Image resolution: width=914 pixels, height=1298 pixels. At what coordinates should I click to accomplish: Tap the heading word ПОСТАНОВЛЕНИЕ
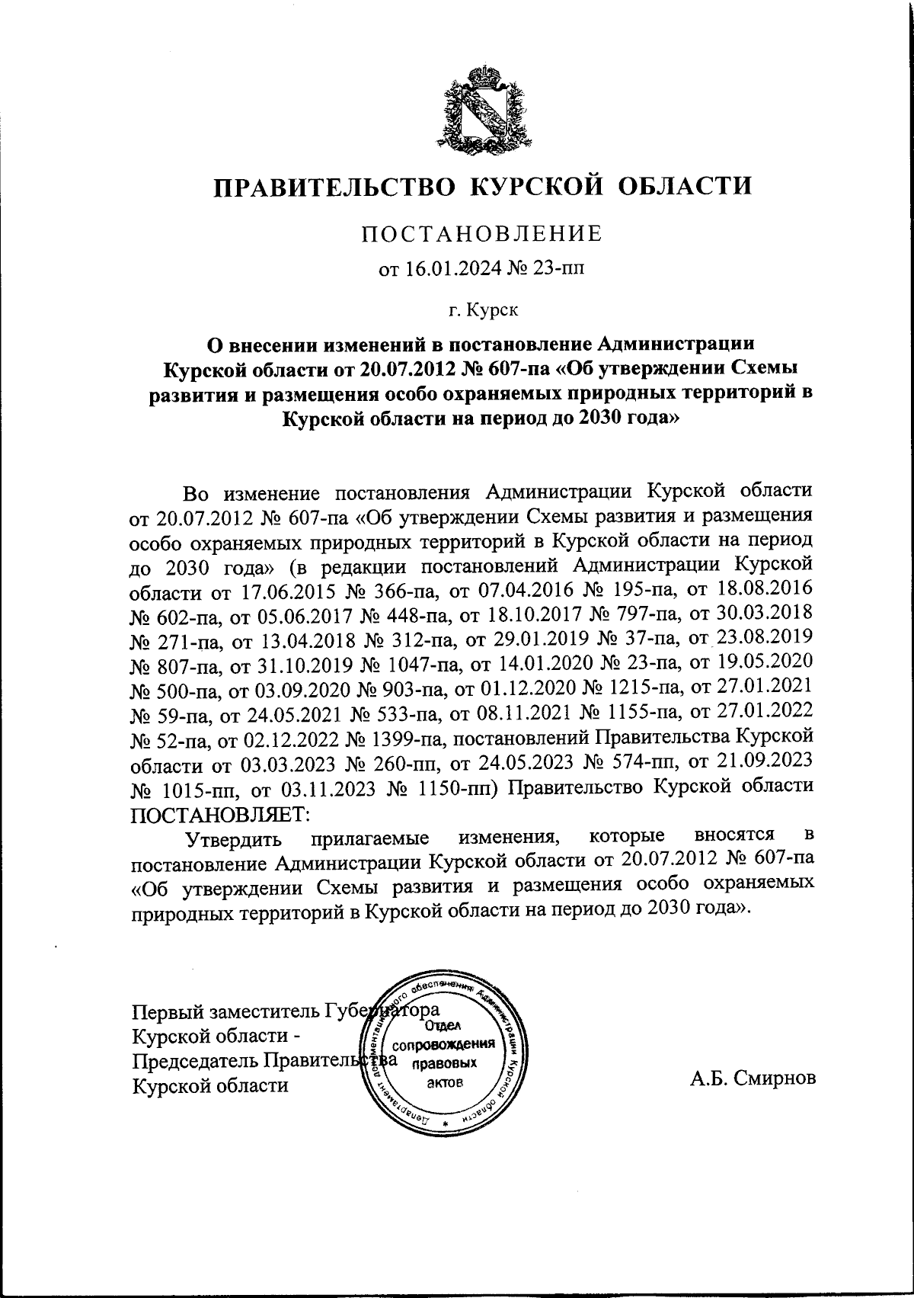point(482,233)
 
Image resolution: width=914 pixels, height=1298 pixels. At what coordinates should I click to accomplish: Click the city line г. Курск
point(482,309)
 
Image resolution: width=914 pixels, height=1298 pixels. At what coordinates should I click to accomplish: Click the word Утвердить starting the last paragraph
point(237,839)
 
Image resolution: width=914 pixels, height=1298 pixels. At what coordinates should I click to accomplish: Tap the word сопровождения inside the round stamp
point(446,1043)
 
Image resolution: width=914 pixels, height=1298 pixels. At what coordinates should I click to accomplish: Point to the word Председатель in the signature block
point(197,1061)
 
